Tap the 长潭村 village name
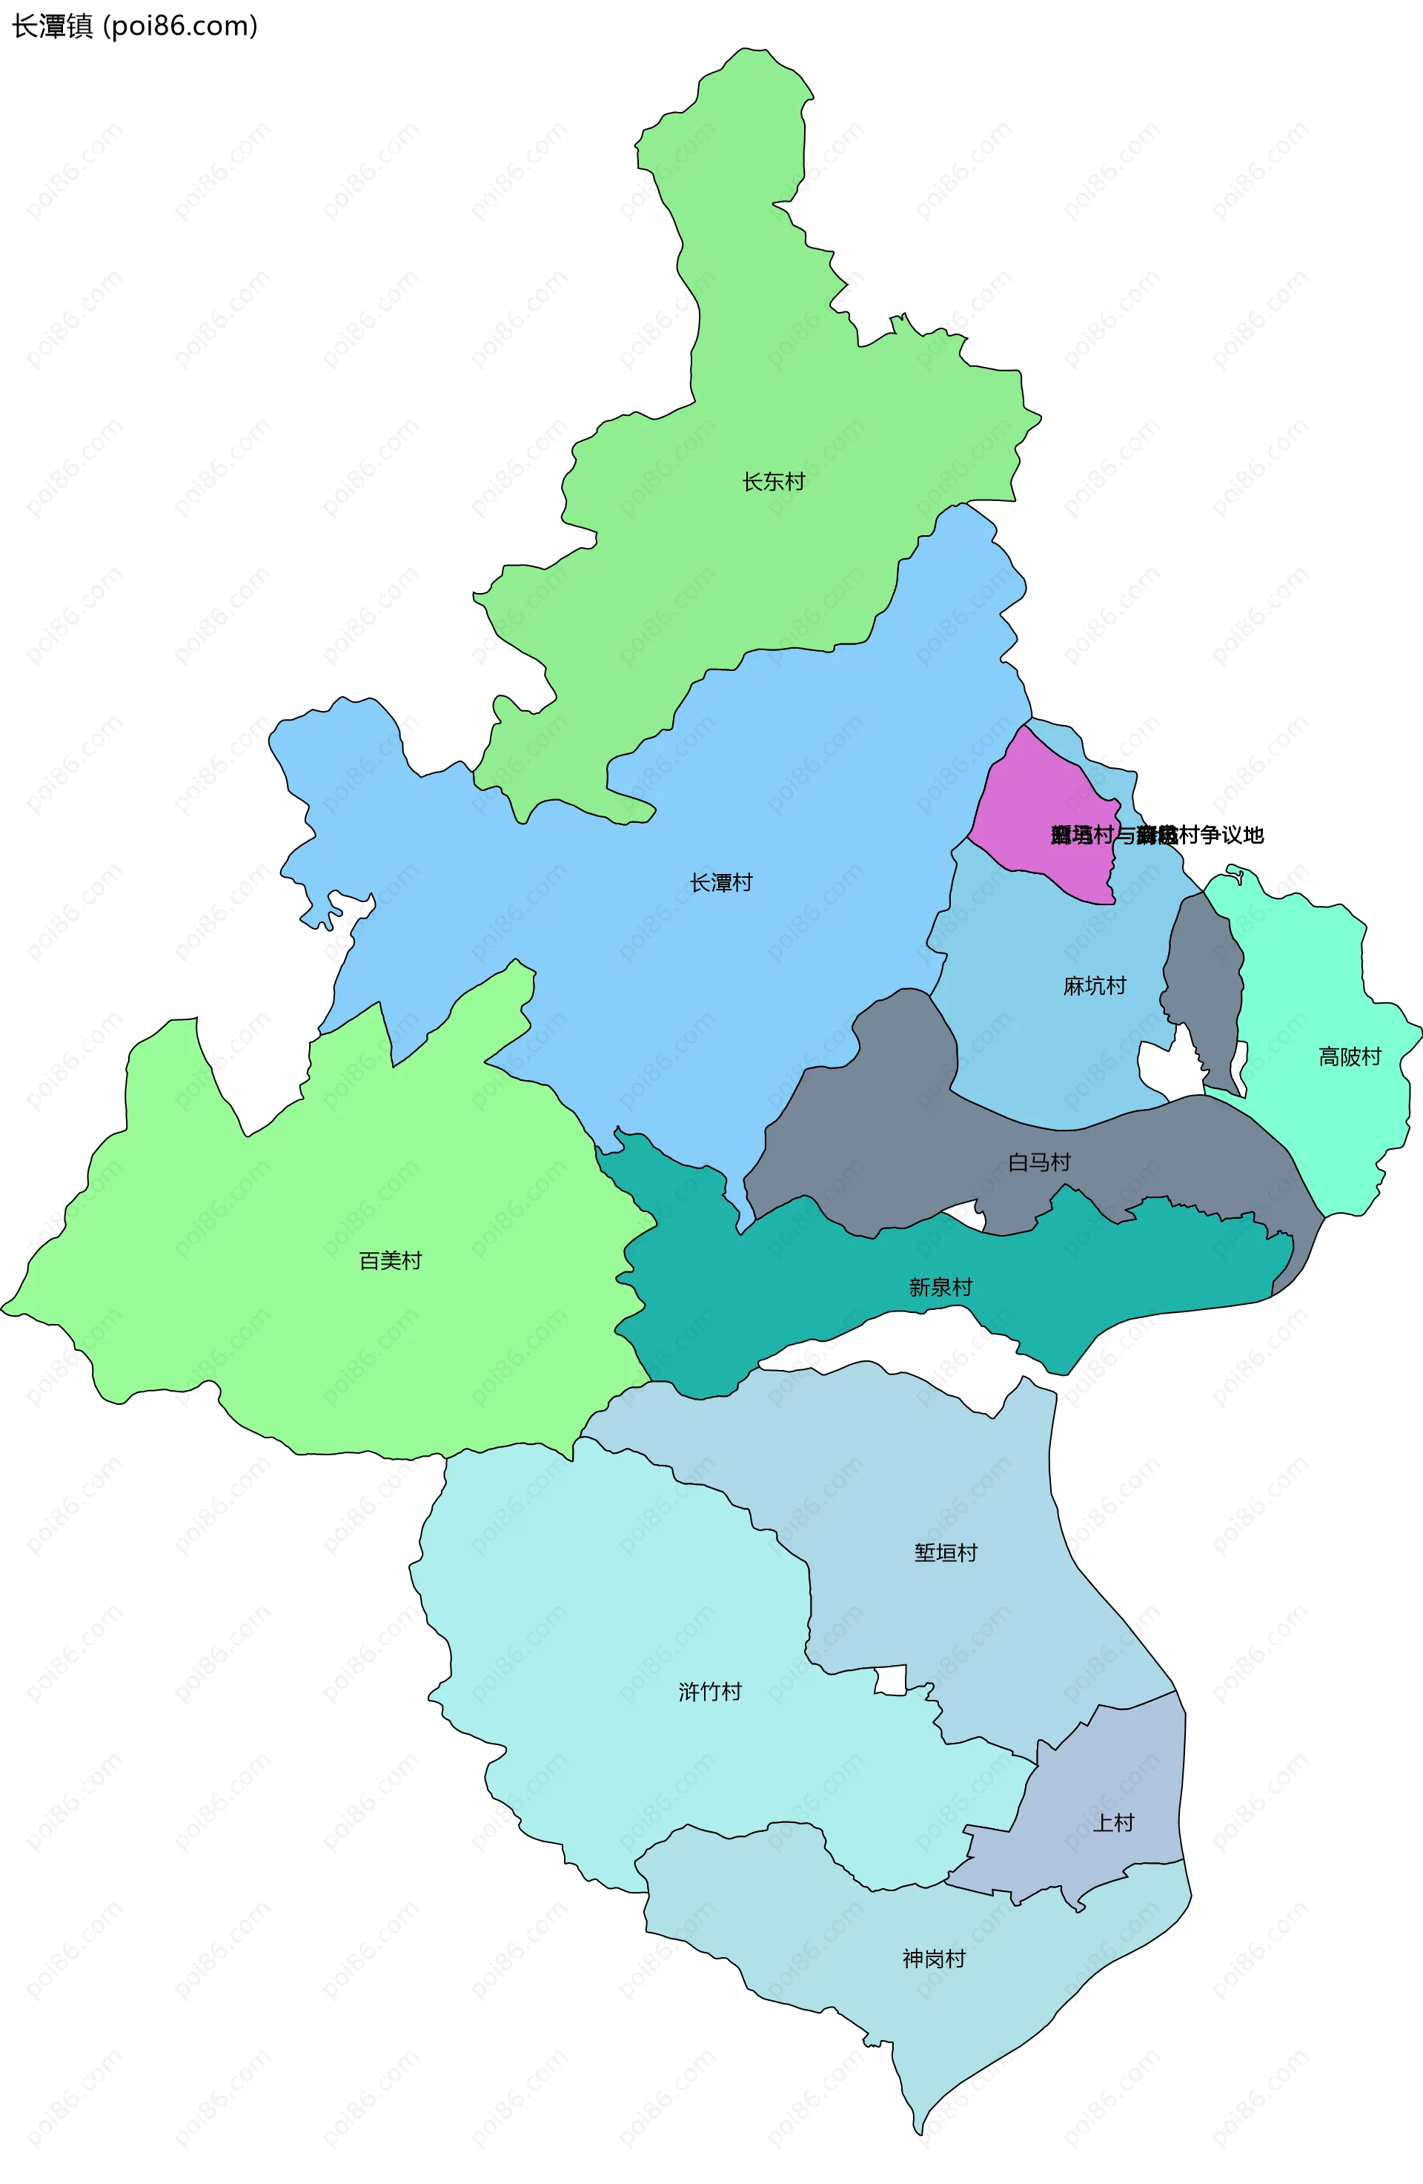coord(721,883)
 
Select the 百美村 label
coord(390,1261)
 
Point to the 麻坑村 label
coord(1094,987)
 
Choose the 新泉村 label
coord(940,1288)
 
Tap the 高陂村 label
coord(1349,1057)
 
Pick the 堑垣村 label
coord(945,1552)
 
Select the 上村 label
coord(1113,1822)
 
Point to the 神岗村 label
coord(933,1959)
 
